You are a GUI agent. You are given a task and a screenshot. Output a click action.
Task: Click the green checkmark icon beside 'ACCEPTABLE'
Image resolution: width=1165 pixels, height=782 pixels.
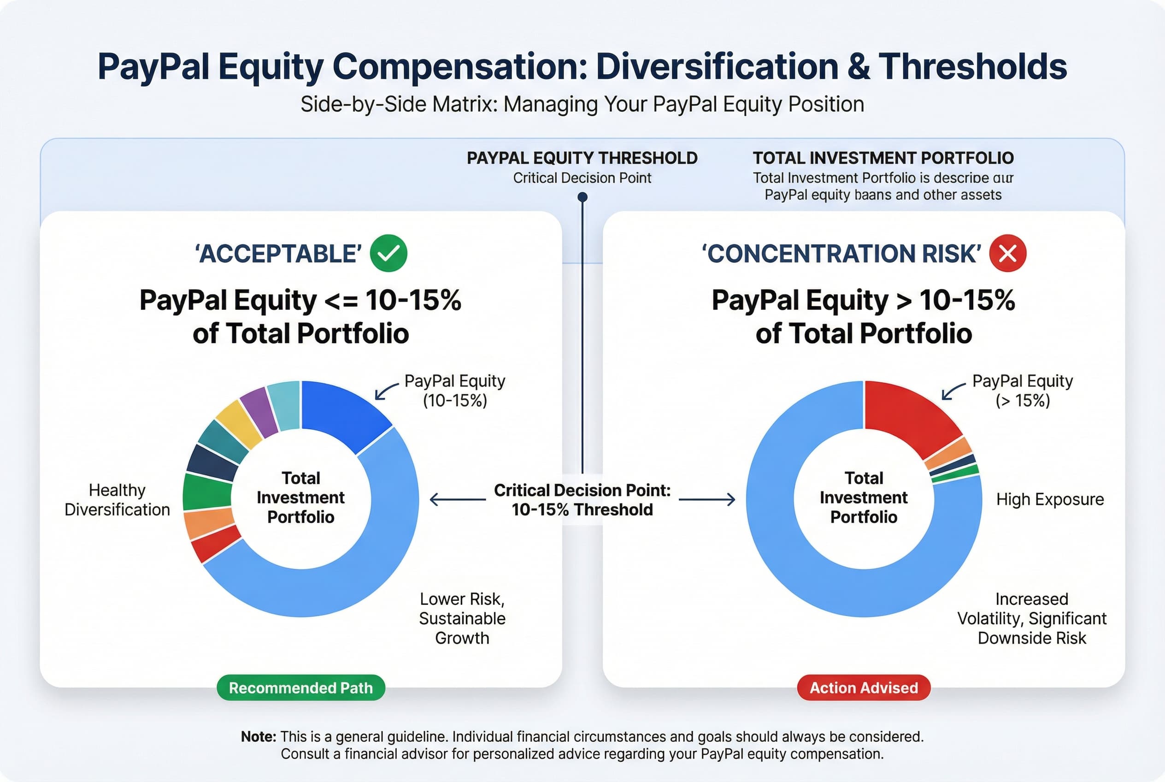[x=388, y=253]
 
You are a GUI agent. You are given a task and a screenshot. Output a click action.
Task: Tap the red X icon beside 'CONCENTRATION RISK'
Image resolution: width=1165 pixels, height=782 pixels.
[x=1007, y=253]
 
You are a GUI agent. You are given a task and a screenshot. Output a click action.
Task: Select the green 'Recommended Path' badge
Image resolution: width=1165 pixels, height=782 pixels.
[x=300, y=688]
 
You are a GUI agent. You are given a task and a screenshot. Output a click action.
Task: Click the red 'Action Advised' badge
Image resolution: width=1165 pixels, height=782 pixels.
[x=864, y=688]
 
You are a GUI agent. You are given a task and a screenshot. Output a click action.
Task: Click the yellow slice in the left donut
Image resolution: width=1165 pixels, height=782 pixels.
[x=238, y=424]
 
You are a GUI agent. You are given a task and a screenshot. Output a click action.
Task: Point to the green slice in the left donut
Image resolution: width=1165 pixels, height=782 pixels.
[x=207, y=492]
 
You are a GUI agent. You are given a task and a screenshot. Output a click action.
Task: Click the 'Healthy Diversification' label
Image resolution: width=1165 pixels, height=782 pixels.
[x=117, y=500]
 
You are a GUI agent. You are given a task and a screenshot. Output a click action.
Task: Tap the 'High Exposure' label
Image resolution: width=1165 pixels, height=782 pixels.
[x=1050, y=499]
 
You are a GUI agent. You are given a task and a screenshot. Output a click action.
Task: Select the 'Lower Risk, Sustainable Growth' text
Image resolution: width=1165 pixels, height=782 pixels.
[x=462, y=618]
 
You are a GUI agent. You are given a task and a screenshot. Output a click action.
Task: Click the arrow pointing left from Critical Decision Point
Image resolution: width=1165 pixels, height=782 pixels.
[x=457, y=499]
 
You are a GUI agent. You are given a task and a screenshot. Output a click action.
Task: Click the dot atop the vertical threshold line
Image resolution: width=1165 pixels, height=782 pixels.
[x=582, y=197]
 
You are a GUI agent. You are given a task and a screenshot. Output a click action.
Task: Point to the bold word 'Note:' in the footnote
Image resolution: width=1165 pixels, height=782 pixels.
[x=258, y=737]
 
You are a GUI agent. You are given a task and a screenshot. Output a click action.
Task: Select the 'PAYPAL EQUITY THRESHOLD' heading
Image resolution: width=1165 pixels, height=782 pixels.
[x=582, y=158]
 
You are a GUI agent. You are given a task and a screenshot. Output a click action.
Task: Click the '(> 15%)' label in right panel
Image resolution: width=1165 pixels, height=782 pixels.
[x=1023, y=401]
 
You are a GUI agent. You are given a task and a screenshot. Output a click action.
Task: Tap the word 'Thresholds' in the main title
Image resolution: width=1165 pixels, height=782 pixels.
[x=972, y=66]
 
